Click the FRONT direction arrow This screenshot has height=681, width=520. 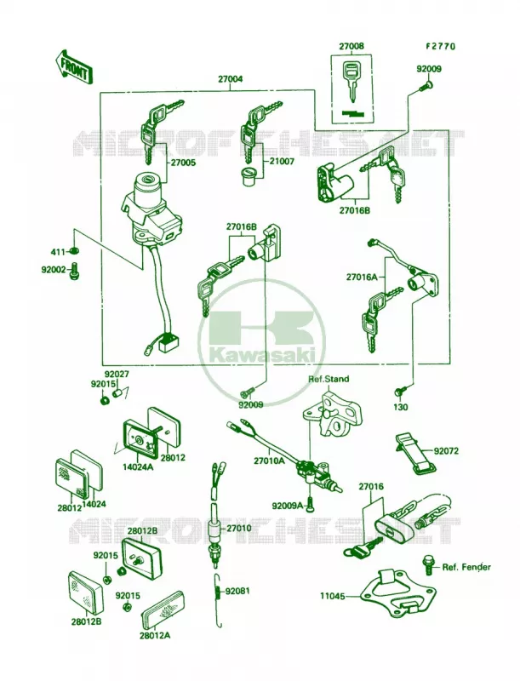73,66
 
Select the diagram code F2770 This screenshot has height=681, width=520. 440,46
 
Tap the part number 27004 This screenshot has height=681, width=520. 230,79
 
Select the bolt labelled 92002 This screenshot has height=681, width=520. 74,271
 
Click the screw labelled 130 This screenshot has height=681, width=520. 400,390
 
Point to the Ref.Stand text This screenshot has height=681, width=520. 329,379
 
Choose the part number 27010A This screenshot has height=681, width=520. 269,461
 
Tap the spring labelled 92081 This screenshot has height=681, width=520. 219,599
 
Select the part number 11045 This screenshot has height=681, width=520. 333,597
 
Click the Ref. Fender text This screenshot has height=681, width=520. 466,567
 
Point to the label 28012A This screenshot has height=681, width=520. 155,635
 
